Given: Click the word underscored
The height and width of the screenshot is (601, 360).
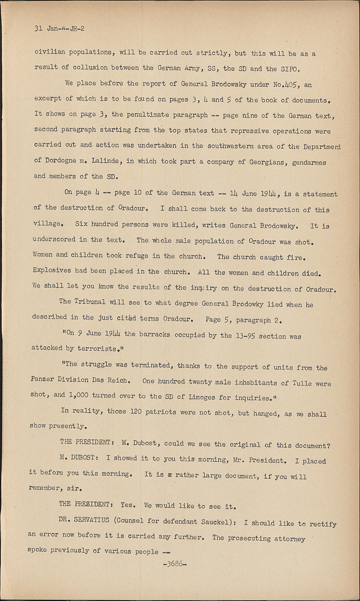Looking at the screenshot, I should [55, 240].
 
